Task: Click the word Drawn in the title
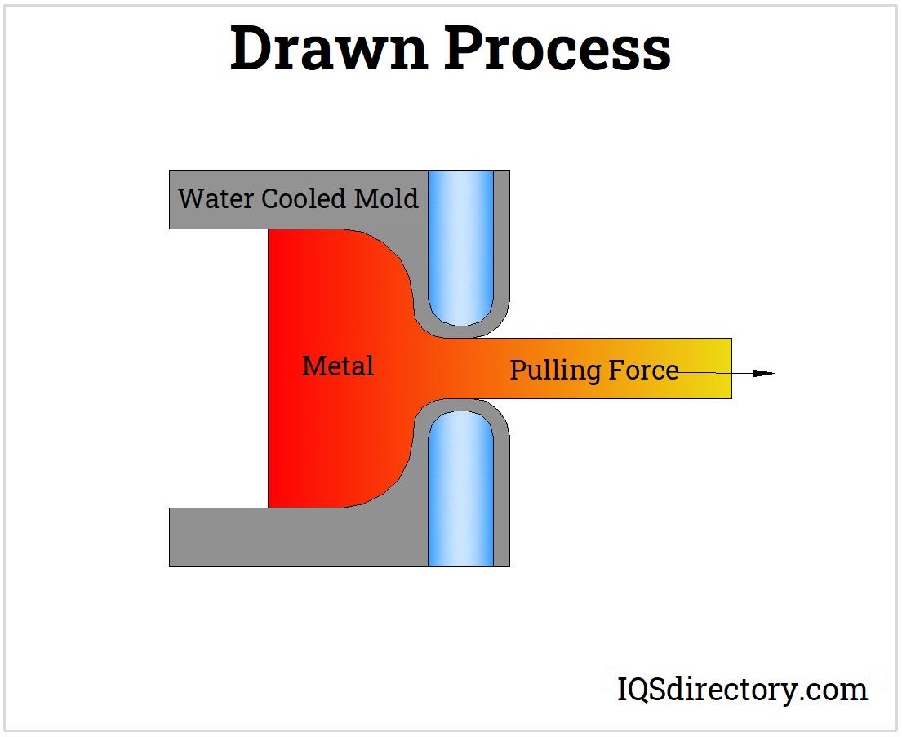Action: [x=328, y=49]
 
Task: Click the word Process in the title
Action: [x=558, y=49]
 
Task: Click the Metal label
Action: [x=338, y=366]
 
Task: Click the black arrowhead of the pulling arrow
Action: [x=763, y=374]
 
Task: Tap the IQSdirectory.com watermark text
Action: [x=742, y=690]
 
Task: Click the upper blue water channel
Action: [x=461, y=245]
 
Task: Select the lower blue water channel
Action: [x=461, y=490]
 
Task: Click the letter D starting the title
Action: [x=248, y=49]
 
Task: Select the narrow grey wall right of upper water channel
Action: [x=502, y=245]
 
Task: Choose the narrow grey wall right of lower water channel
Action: [x=502, y=498]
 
